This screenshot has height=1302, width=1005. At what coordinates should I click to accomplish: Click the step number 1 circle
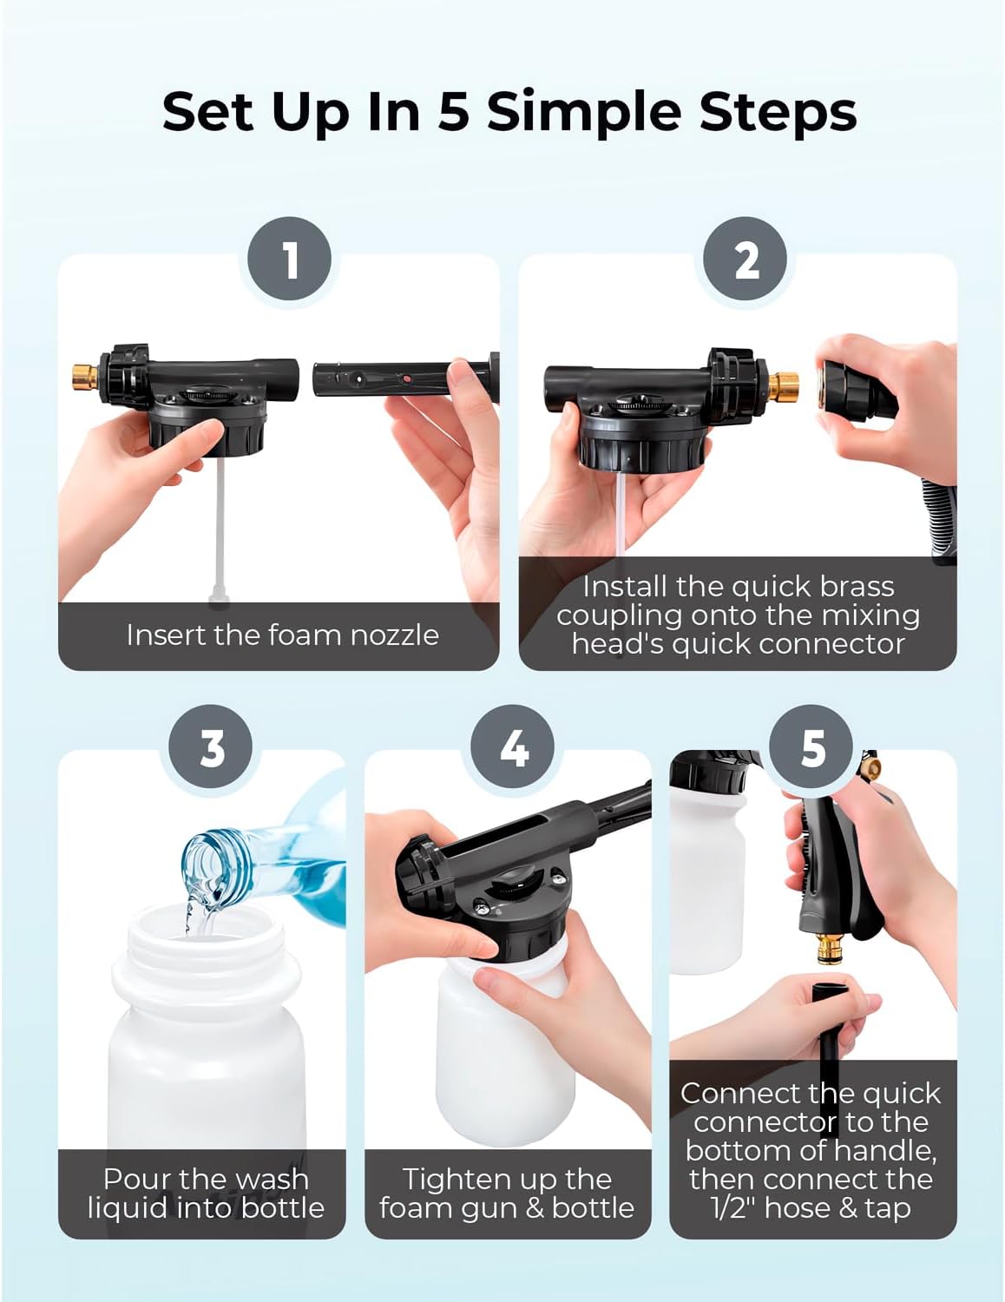point(290,259)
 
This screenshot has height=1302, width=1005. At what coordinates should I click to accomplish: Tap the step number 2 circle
point(746,259)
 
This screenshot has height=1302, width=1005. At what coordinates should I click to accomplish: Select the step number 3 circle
point(213,746)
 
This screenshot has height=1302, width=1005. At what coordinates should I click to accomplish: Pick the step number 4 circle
point(514,746)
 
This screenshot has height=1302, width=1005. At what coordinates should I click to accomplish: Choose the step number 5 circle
point(812,746)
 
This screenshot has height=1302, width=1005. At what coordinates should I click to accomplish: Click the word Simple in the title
point(569,113)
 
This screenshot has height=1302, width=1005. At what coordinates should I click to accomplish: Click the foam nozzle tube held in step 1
point(382,380)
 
